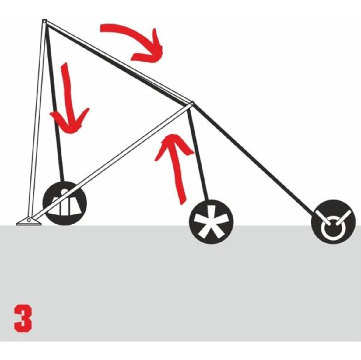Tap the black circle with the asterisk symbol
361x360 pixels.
tap(211, 222)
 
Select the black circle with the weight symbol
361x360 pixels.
tap(65, 203)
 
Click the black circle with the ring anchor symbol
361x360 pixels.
tap(333, 222)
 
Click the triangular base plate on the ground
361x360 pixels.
tap(29, 221)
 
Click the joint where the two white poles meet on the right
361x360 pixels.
tap(191, 104)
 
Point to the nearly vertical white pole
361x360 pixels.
tap(37, 120)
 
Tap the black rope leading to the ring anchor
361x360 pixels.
tap(253, 159)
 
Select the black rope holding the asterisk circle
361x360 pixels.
tap(198, 154)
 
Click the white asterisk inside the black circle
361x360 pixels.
tap(211, 223)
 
